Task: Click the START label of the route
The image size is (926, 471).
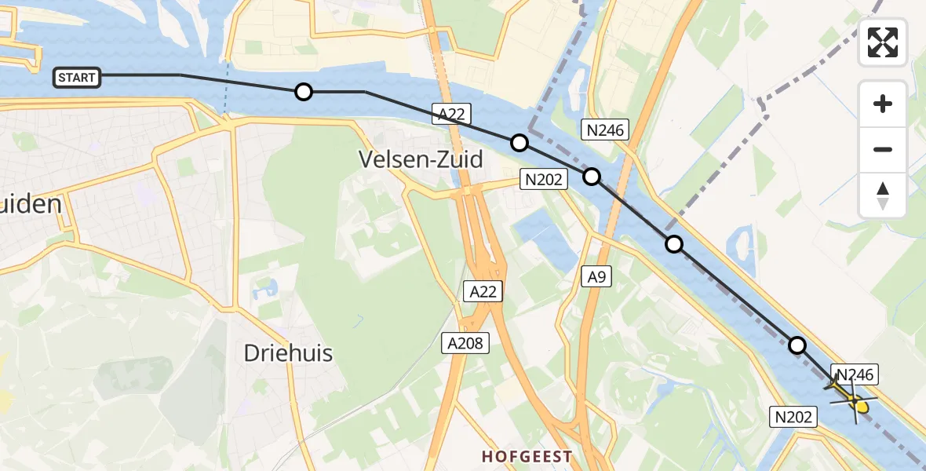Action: pyautogui.click(x=77, y=77)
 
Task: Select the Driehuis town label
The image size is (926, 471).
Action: pyautogui.click(x=288, y=353)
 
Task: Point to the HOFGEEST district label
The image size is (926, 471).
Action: pyautogui.click(x=527, y=456)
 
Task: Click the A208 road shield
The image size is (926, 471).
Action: pyautogui.click(x=465, y=342)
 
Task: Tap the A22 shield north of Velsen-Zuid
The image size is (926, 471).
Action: pyautogui.click(x=451, y=115)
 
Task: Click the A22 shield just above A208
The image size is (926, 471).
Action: pyautogui.click(x=483, y=292)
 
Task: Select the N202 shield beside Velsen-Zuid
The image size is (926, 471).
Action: pyautogui.click(x=543, y=180)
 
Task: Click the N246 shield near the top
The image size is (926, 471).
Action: pyautogui.click(x=604, y=130)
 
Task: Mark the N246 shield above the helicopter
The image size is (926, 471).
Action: pyautogui.click(x=855, y=374)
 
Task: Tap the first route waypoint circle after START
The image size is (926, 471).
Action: pyautogui.click(x=304, y=92)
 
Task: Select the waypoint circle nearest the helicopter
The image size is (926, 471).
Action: pyautogui.click(x=797, y=345)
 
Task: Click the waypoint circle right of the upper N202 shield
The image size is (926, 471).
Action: pyautogui.click(x=592, y=176)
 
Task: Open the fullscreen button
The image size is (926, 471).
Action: pyautogui.click(x=883, y=42)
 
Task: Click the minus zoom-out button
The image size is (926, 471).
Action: pyautogui.click(x=883, y=149)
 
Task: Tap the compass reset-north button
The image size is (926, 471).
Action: pyautogui.click(x=883, y=195)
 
